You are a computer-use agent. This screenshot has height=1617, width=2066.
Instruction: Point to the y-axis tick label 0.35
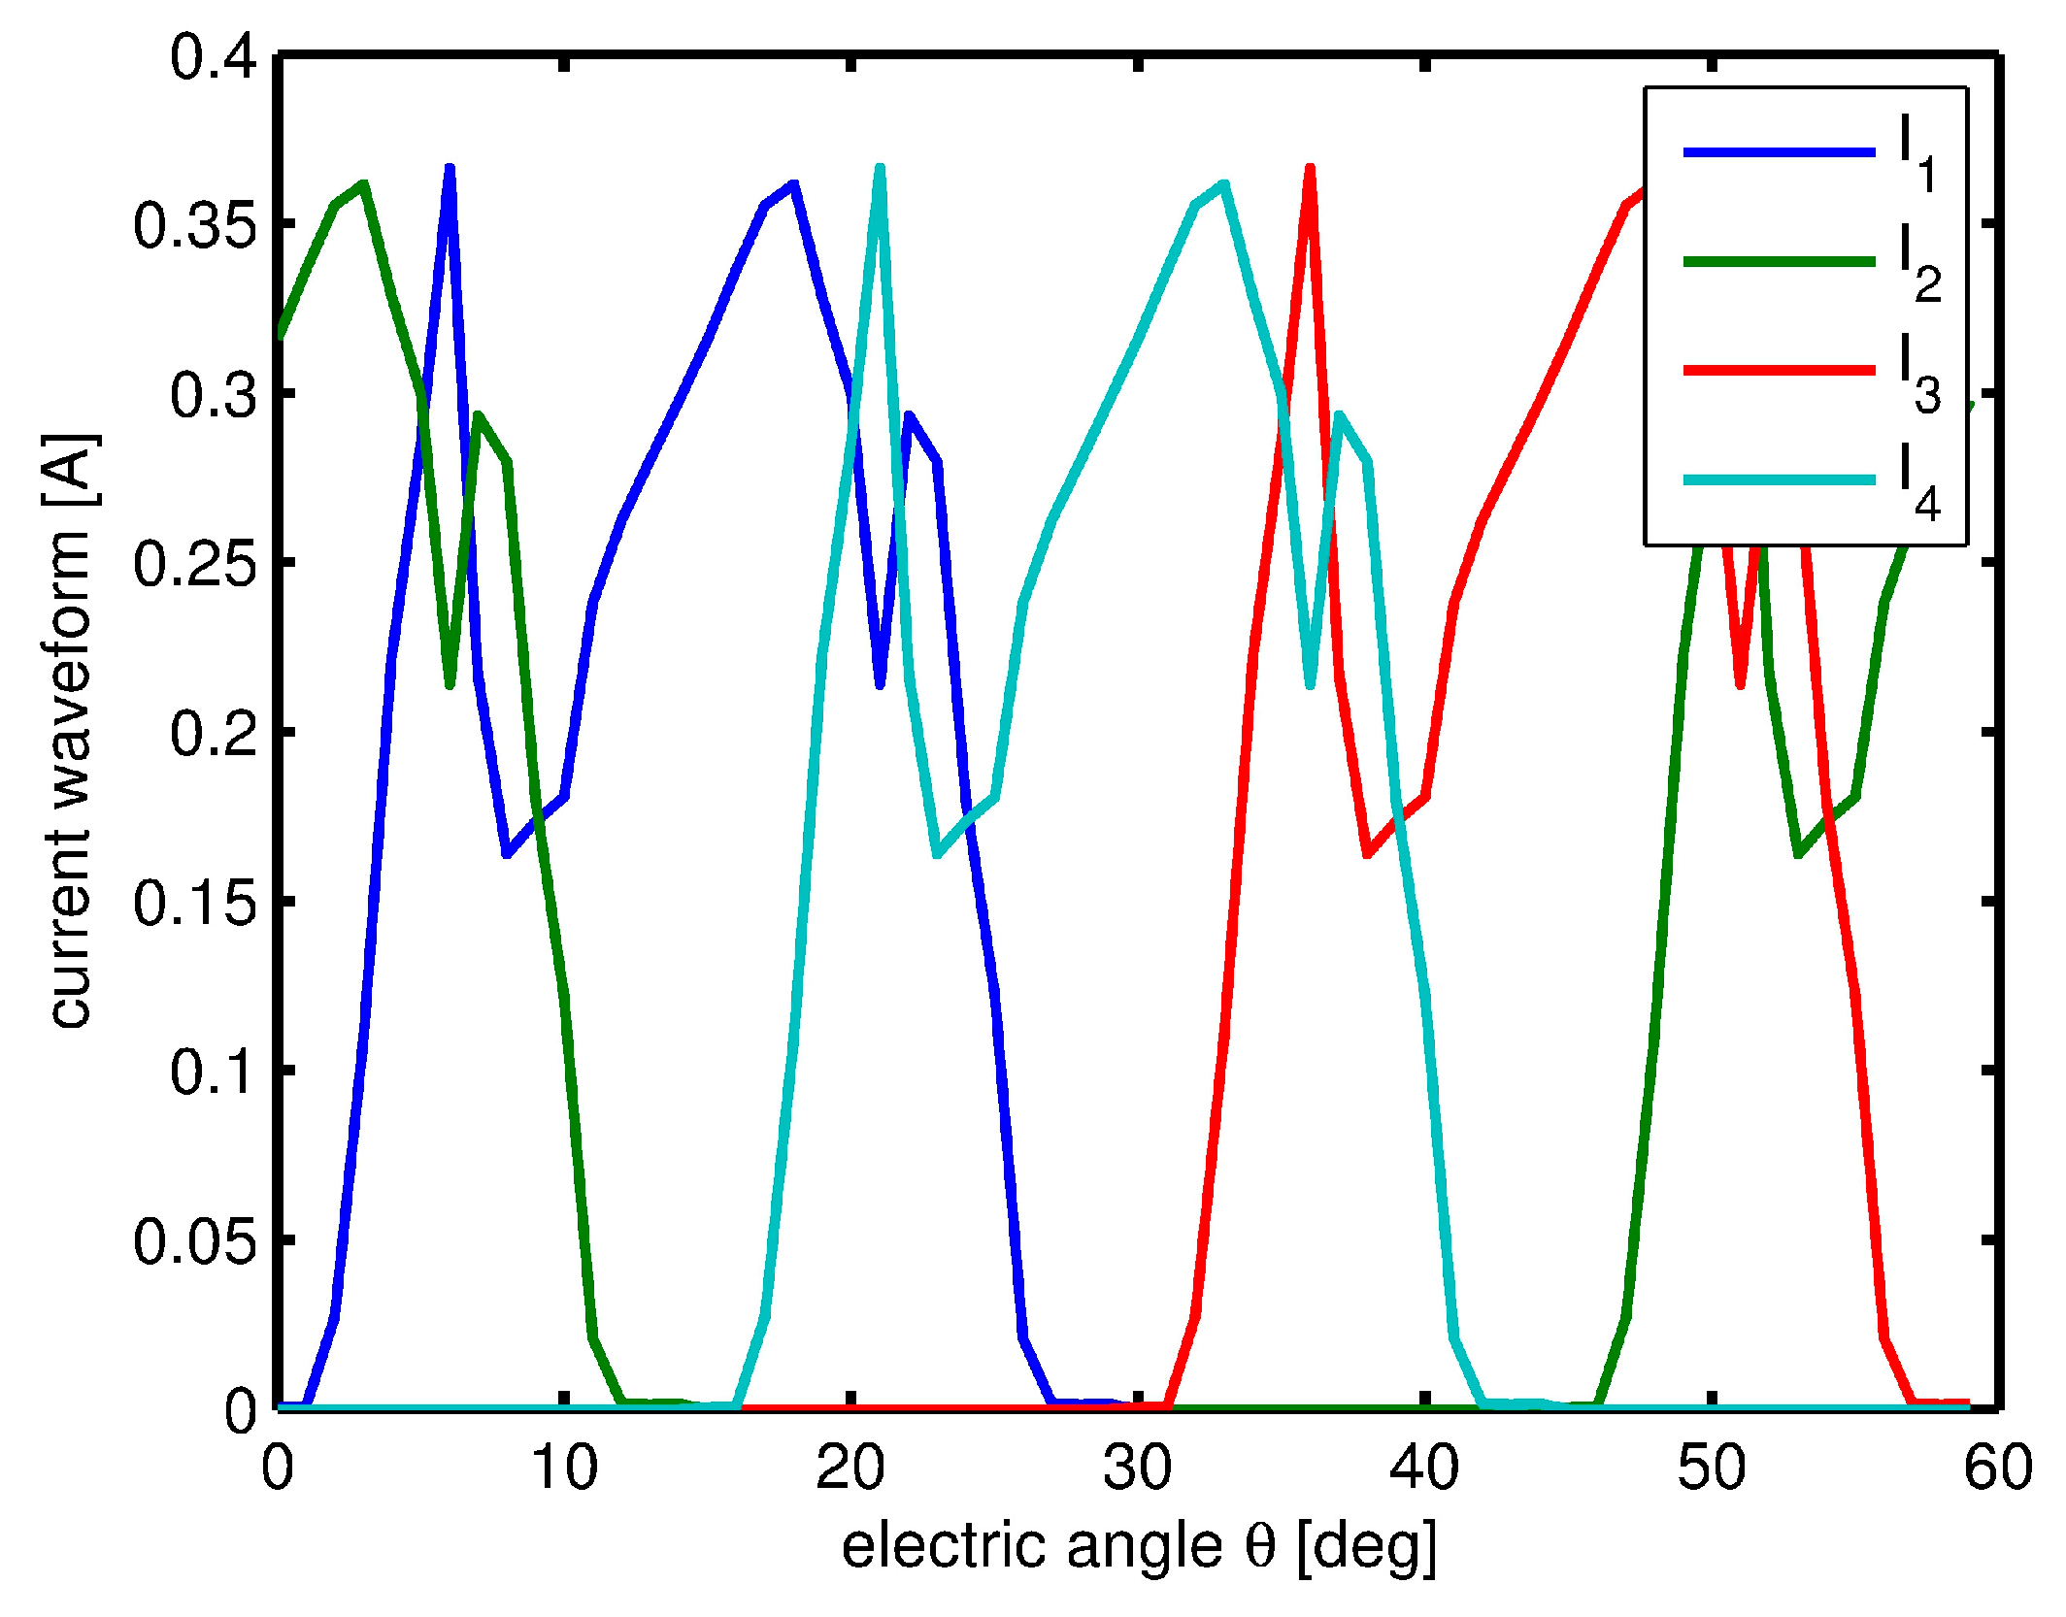195,226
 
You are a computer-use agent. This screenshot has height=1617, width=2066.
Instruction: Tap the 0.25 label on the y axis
195,564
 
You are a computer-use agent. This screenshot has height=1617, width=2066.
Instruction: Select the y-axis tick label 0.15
195,903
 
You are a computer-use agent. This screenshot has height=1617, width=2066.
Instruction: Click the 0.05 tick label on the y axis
195,1240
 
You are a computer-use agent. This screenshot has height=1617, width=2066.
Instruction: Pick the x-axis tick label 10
564,1468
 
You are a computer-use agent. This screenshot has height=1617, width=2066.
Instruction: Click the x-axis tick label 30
1137,1468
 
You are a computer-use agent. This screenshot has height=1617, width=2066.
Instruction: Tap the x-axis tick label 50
1711,1468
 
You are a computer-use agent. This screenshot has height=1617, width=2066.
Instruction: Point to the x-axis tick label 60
1997,1468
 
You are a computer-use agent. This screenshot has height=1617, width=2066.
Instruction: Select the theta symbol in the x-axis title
1259,1546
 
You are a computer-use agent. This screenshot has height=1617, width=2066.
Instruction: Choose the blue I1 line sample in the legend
1779,152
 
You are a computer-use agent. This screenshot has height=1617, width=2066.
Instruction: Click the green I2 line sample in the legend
1779,261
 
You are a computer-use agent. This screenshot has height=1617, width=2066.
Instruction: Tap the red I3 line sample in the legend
1779,371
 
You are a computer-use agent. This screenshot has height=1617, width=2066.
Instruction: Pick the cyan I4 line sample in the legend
1779,480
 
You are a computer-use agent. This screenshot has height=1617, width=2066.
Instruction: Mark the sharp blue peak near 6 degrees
450,170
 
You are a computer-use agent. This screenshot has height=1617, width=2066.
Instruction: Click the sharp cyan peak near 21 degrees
880,170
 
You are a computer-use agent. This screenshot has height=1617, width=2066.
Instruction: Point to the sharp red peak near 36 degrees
1310,170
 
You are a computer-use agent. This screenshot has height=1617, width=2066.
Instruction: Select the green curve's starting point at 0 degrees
281,335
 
